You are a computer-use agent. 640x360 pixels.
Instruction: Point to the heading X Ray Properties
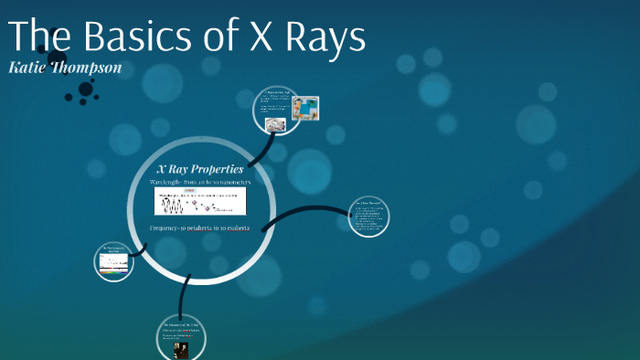[x=200, y=169]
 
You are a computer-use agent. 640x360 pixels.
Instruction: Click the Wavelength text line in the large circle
[x=200, y=183]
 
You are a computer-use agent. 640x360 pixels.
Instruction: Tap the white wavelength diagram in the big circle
[x=200, y=202]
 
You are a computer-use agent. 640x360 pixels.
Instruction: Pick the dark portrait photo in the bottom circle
[x=181, y=349]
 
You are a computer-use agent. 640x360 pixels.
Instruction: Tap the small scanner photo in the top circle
[x=273, y=124]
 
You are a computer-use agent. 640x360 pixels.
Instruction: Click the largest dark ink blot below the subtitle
[x=87, y=90]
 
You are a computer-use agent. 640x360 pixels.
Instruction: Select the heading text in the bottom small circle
[x=180, y=326]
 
